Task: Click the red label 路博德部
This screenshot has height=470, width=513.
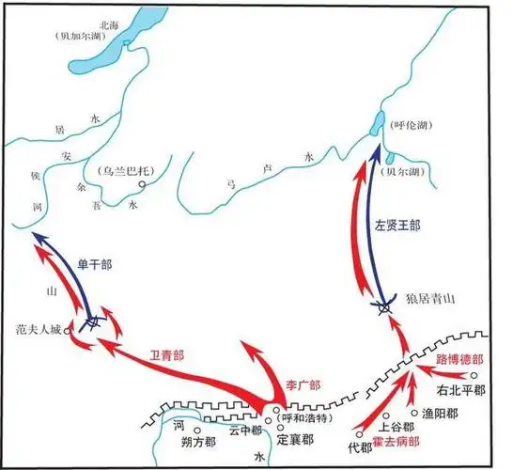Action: [x=459, y=359]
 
